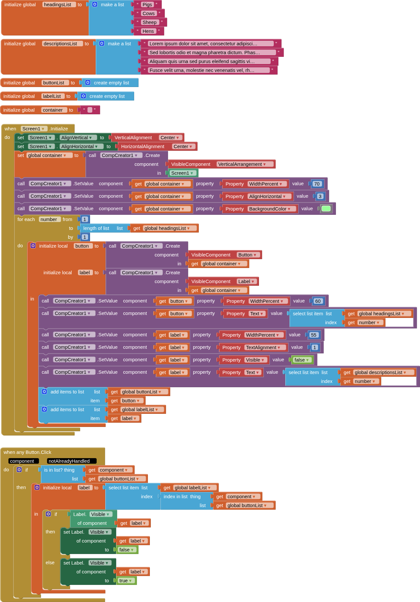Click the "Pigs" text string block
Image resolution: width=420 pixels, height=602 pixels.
(x=147, y=5)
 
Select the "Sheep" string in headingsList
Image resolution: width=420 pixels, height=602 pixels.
(x=150, y=22)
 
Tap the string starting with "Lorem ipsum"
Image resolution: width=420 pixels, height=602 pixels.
(x=210, y=44)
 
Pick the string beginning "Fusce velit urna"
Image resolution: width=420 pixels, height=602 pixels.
(x=208, y=70)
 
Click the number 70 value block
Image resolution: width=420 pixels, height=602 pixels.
(x=317, y=184)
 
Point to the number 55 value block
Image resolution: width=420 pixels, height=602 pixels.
(x=314, y=335)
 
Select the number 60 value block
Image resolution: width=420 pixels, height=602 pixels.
(x=318, y=301)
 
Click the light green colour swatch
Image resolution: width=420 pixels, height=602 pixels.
(x=326, y=209)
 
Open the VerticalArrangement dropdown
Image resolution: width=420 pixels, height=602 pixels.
(x=242, y=164)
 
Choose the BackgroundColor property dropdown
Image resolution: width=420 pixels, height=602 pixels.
(x=270, y=209)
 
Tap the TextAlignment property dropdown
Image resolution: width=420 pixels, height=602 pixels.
(x=263, y=347)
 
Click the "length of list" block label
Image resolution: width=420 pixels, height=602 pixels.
(x=96, y=228)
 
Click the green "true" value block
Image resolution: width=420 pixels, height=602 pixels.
(x=125, y=581)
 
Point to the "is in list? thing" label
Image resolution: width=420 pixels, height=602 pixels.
(x=59, y=470)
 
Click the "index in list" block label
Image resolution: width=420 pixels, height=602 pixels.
(x=175, y=497)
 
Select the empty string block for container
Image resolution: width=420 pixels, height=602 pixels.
(x=90, y=110)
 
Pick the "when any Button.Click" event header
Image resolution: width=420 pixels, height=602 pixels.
(x=28, y=452)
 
